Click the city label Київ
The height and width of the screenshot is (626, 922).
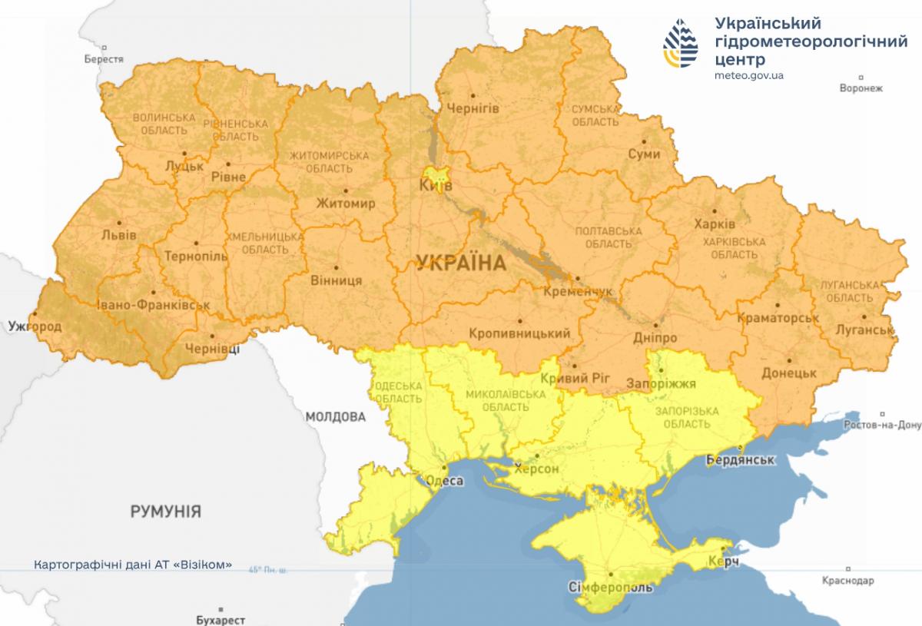tap(436, 187)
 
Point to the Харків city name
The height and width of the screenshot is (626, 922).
tap(714, 224)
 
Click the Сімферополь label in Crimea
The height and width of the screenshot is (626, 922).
tap(611, 588)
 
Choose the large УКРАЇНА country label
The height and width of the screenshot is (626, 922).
tap(460, 263)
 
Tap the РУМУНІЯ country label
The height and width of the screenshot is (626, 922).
tap(165, 511)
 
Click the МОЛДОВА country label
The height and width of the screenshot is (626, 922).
tap(335, 417)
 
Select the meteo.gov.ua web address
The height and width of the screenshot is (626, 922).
tap(748, 75)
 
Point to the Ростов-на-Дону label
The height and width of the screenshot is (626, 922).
tap(881, 425)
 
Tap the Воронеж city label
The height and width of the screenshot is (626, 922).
tap(861, 88)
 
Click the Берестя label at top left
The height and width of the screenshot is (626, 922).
tap(104, 59)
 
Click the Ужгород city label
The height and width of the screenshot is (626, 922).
tap(35, 327)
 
